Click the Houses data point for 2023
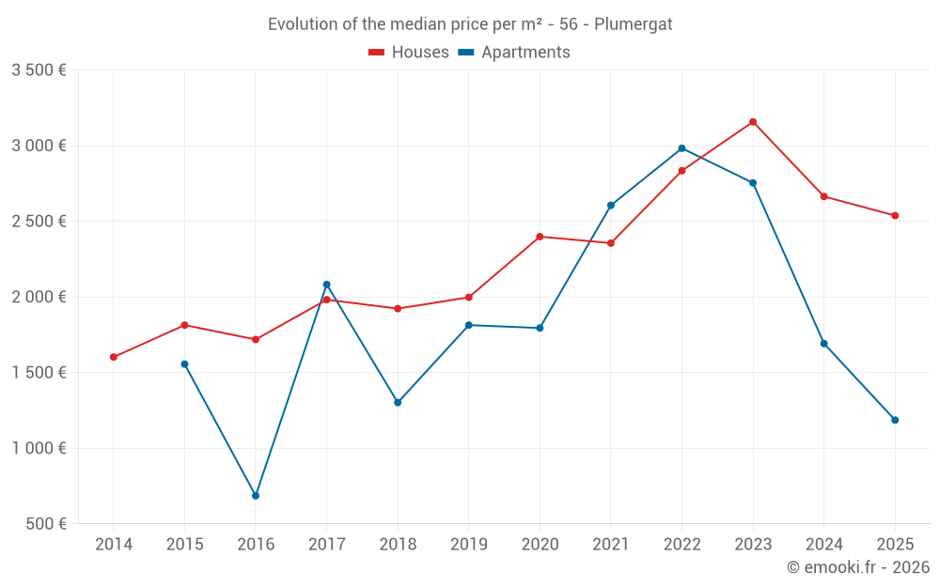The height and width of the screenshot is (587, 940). coord(753,121)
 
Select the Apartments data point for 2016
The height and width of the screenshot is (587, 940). coord(256,495)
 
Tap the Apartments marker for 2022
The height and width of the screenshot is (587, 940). coord(681,148)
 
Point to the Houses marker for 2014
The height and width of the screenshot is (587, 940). coord(114,357)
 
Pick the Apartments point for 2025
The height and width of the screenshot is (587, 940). coord(895,420)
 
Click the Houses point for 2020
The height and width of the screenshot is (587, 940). coord(540,237)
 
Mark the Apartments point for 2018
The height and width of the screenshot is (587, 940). coord(398,402)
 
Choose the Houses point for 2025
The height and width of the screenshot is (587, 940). coord(895,215)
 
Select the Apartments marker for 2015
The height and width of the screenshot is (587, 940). coord(184,364)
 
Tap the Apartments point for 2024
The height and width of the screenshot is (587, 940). coord(824,344)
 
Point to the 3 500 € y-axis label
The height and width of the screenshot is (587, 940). coord(39,70)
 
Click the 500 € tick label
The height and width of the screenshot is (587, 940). coord(46,524)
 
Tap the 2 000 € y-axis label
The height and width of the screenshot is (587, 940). coord(39,297)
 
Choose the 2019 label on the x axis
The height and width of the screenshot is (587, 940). coord(468,544)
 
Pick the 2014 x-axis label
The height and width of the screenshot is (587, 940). coord(114,544)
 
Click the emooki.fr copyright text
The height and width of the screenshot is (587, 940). coord(858,567)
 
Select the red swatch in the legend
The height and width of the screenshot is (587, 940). coord(377,53)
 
